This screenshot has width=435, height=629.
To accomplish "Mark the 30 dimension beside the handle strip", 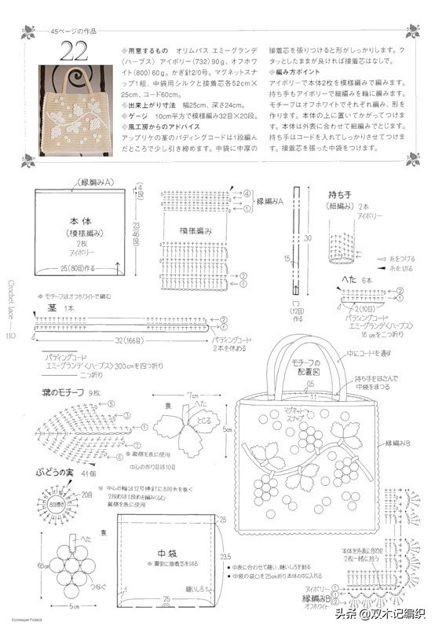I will [x=309, y=238].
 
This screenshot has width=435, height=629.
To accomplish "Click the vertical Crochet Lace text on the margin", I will [x=10, y=299].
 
